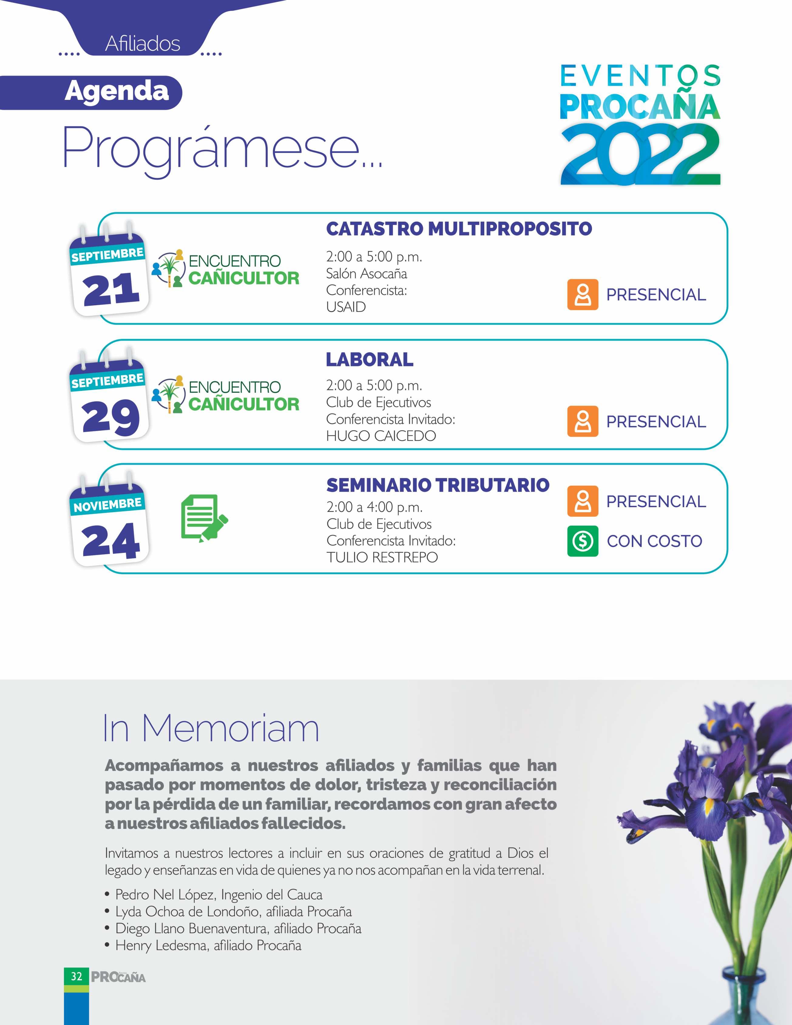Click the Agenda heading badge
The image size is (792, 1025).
116,92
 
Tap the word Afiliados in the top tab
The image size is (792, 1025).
143,44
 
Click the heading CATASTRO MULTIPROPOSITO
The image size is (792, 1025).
459,229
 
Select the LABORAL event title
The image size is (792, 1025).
370,360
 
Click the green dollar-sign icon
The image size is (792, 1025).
583,541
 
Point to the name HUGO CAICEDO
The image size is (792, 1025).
381,436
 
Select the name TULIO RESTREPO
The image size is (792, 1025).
382,558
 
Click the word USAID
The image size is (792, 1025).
346,307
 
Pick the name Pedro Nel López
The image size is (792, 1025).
165,894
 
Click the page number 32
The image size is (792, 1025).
76,977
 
